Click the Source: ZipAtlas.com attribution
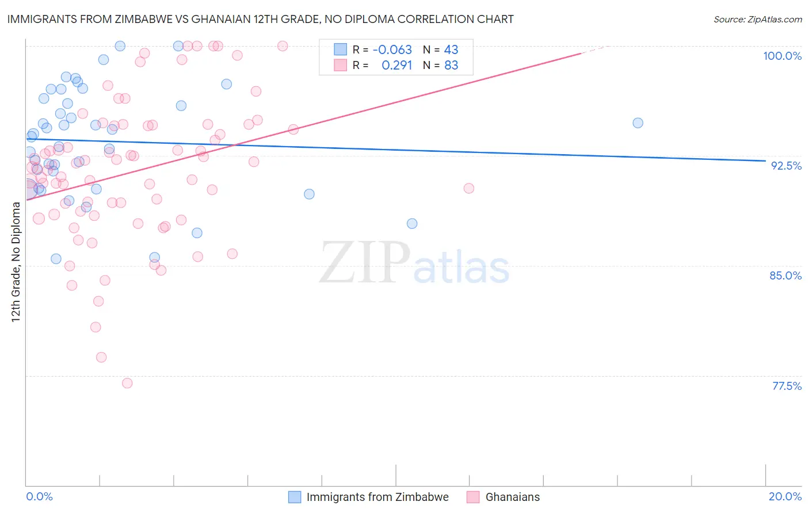pyautogui.click(x=757, y=19)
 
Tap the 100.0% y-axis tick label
pyautogui.click(x=782, y=56)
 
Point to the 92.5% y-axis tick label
pyautogui.click(x=786, y=166)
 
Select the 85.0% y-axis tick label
pyautogui.click(x=785, y=275)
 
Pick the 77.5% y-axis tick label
pyautogui.click(x=787, y=386)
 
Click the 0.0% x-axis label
pyautogui.click(x=39, y=496)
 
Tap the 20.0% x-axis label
pyautogui.click(x=785, y=496)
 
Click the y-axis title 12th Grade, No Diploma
pyautogui.click(x=16, y=262)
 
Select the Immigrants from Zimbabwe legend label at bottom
pyautogui.click(x=377, y=497)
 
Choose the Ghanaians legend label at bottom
pyautogui.click(x=513, y=497)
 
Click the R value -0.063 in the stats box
pyautogui.click(x=392, y=49)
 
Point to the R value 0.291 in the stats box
pyautogui.click(x=397, y=65)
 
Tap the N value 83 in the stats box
pyautogui.click(x=451, y=65)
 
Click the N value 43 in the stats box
pyautogui.click(x=451, y=49)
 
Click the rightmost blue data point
pyautogui.click(x=638, y=123)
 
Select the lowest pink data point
pyautogui.click(x=127, y=383)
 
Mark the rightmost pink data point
pyautogui.click(x=469, y=189)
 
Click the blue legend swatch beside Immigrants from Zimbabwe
pyautogui.click(x=295, y=497)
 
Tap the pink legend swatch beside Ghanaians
pyautogui.click(x=473, y=497)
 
